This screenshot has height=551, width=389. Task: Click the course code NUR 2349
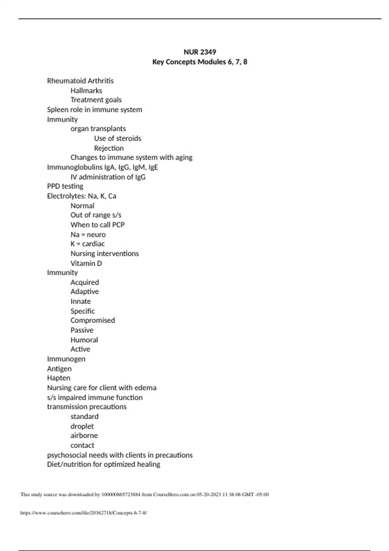[x=200, y=52]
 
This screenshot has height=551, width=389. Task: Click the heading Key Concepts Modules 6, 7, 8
[x=200, y=62]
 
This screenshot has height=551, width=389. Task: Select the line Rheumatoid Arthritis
[x=80, y=81]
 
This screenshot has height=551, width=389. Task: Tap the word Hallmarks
[x=86, y=90]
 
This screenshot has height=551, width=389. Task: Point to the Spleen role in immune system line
[x=94, y=110]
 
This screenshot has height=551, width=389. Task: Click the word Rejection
[x=109, y=148]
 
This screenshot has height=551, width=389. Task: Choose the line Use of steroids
[x=118, y=138]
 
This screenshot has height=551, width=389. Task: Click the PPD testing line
[x=65, y=186]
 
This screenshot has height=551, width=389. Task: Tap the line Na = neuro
[x=88, y=234]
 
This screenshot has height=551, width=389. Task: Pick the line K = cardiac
[x=88, y=244]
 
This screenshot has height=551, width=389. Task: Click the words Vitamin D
[x=86, y=263]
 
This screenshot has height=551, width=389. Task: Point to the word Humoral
[x=84, y=340]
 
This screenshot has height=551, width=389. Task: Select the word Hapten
[x=59, y=378]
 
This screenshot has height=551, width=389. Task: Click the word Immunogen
[x=66, y=359]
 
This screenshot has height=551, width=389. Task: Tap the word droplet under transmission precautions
[x=82, y=426]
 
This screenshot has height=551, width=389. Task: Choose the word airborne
[x=84, y=436]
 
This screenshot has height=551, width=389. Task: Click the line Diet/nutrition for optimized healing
[x=103, y=464]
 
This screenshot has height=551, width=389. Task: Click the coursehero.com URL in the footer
[x=84, y=513]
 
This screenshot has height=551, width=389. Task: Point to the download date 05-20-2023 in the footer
[x=209, y=495]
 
